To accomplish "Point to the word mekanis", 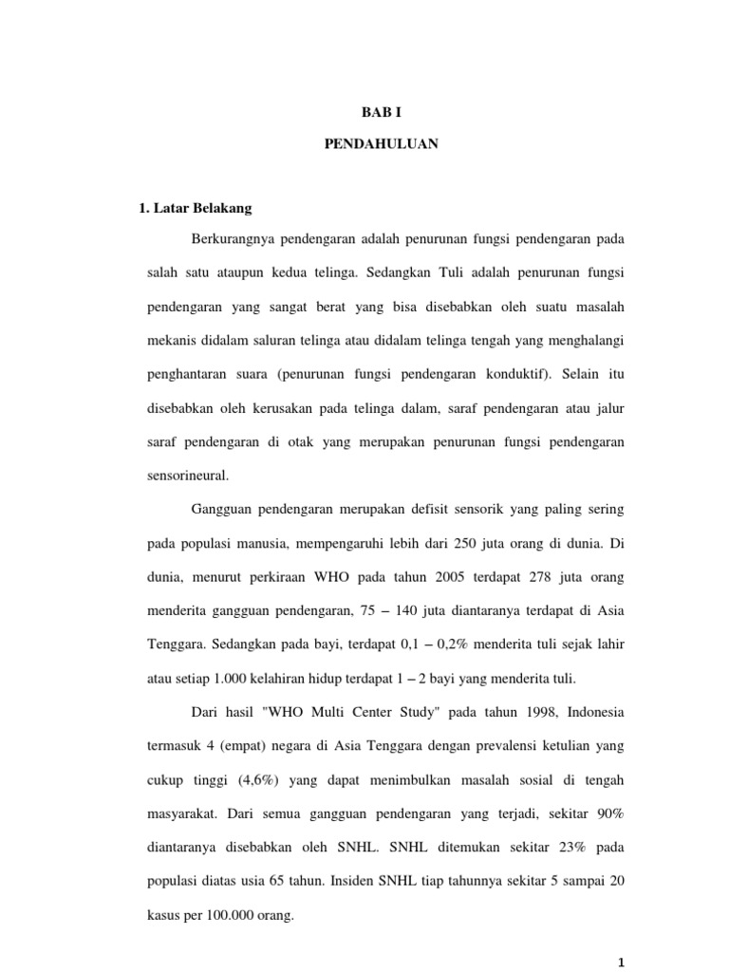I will [x=170, y=340].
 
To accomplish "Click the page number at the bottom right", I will [x=621, y=961].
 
